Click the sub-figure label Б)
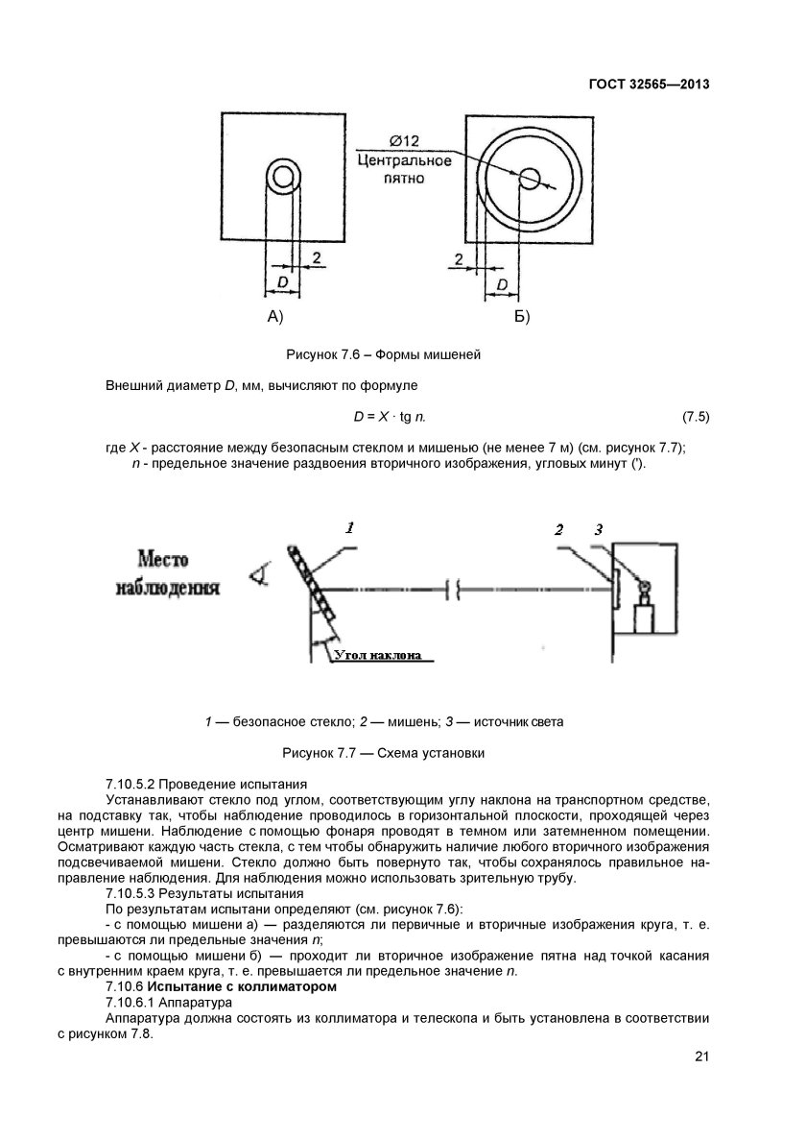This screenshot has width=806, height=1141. (x=521, y=316)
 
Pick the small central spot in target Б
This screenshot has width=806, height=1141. (x=530, y=178)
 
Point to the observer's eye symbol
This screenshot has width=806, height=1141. (x=256, y=575)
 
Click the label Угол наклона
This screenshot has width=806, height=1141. (x=378, y=656)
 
